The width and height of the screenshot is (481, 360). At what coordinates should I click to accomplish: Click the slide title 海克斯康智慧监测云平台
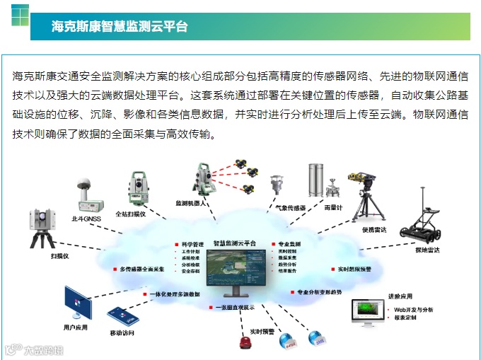pyautogui.click(x=120, y=27)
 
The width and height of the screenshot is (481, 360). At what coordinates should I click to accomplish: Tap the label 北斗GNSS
pyautogui.click(x=86, y=219)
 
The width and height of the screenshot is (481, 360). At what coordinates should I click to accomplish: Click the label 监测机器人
pyautogui.click(x=191, y=202)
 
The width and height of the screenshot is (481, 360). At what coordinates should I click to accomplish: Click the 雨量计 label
pyautogui.click(x=333, y=207)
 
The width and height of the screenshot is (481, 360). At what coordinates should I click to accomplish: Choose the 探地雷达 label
pyautogui.click(x=427, y=250)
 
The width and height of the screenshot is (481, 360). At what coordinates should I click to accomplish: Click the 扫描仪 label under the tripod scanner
pyautogui.click(x=60, y=256)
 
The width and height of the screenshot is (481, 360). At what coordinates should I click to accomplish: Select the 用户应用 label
pyautogui.click(x=76, y=327)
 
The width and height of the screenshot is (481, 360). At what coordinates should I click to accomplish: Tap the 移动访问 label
pyautogui.click(x=122, y=332)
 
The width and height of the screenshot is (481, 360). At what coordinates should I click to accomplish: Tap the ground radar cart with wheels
pyautogui.click(x=424, y=226)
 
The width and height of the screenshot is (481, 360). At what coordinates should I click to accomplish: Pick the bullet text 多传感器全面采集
pyautogui.click(x=142, y=269)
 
